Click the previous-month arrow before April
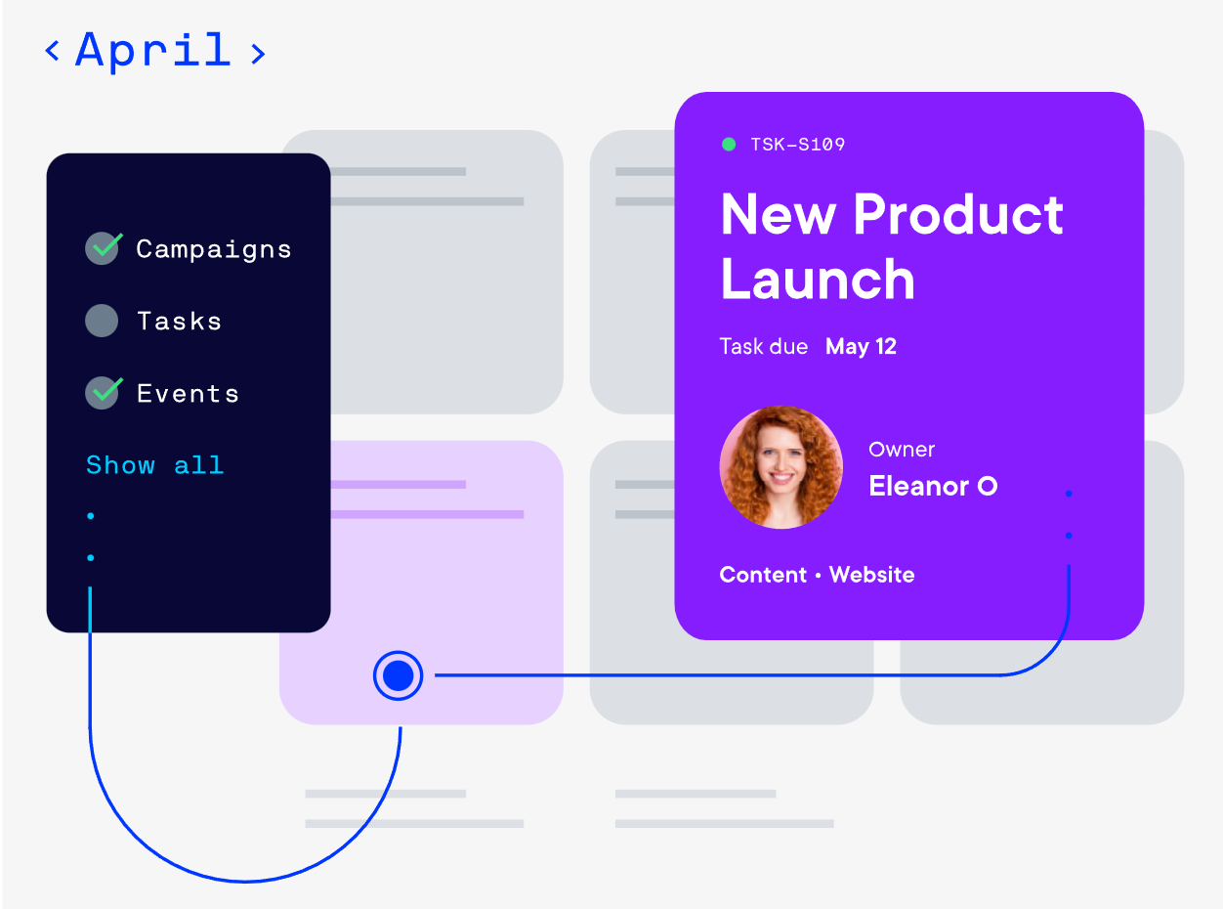52,51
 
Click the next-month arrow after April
258,54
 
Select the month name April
152,52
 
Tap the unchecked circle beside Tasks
102,321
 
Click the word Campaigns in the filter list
214,249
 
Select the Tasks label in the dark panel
179,322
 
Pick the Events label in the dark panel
188,394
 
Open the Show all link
155,465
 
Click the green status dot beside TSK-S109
729,144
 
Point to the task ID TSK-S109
798,145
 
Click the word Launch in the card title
818,280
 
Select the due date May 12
861,347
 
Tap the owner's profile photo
781,467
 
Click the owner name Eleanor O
933,486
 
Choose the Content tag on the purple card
763,575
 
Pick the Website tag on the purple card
871,575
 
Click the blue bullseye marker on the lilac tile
398,675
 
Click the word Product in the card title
958,215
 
